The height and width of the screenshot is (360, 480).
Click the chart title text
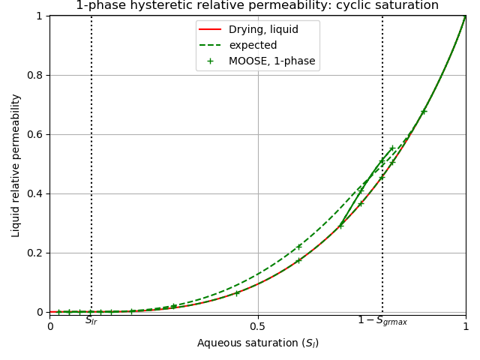(x=257, y=5)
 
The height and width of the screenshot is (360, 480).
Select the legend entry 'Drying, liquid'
(x=262, y=30)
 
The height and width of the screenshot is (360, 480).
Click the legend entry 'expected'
(x=253, y=46)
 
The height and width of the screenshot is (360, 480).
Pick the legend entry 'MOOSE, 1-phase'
(x=271, y=61)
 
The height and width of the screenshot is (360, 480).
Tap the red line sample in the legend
(x=210, y=30)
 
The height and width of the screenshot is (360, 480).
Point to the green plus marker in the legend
(x=210, y=61)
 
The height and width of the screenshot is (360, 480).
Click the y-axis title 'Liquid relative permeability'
(x=16, y=165)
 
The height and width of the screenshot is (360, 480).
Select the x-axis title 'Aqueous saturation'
(x=257, y=343)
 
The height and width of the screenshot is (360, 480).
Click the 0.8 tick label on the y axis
(x=35, y=75)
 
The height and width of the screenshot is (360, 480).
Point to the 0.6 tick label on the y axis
(x=35, y=134)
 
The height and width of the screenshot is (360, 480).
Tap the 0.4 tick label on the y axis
(x=35, y=193)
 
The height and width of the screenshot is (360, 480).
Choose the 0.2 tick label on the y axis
(x=35, y=253)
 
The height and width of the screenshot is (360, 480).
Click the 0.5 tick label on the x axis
(x=258, y=326)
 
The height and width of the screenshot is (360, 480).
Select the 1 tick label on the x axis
(x=466, y=326)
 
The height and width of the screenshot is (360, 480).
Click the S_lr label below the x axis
(x=91, y=321)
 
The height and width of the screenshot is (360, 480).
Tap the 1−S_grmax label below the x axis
(x=382, y=321)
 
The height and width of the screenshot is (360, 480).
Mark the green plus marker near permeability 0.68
(x=424, y=112)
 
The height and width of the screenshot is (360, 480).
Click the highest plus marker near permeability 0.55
(x=391, y=148)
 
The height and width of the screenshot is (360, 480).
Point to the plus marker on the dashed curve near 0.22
(x=298, y=246)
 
